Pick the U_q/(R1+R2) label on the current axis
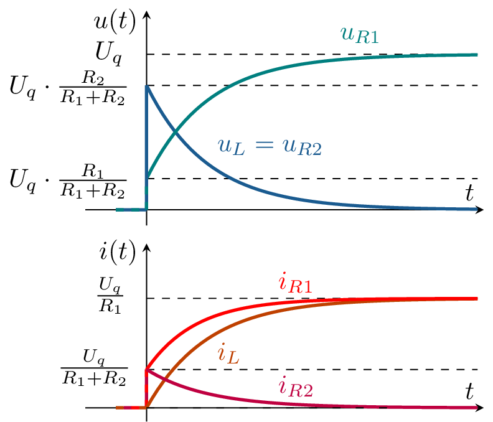point(94,369)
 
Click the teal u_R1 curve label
point(360,34)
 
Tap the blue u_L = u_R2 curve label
point(269,146)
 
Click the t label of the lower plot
point(470,392)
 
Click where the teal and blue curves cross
point(176,132)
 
